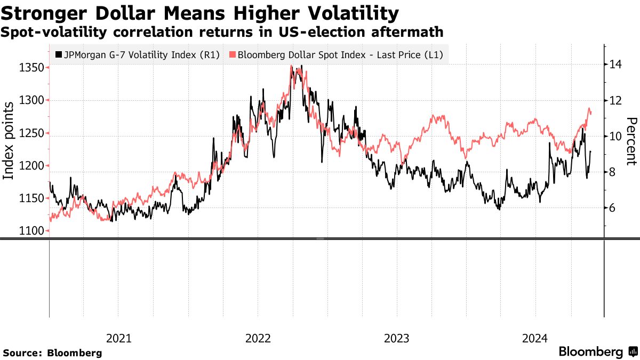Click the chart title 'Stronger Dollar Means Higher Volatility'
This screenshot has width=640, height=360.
coord(201,12)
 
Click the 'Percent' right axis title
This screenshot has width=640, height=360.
coord(631,141)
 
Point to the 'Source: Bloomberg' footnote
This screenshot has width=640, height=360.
coord(52,353)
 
